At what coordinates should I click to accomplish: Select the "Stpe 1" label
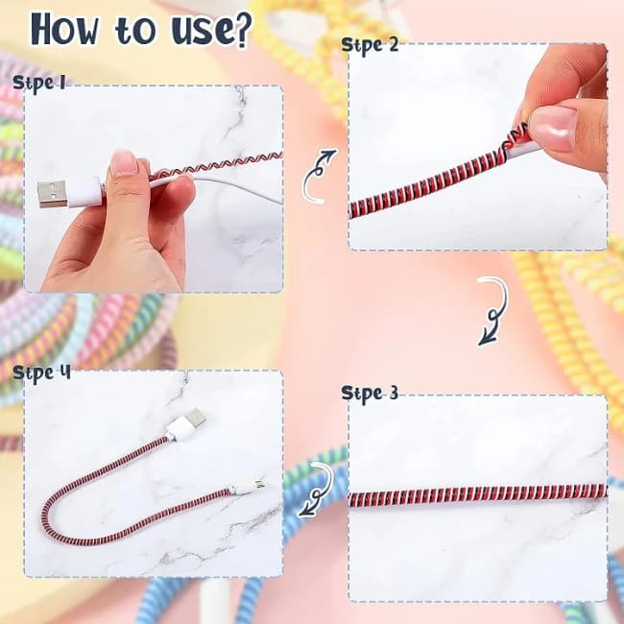click(x=39, y=84)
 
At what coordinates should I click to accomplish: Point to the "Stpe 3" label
click(x=370, y=392)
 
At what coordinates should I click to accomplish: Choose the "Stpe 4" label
click(x=41, y=371)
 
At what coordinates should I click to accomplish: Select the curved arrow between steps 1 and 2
click(x=319, y=175)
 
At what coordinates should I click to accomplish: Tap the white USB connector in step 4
click(x=182, y=424)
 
